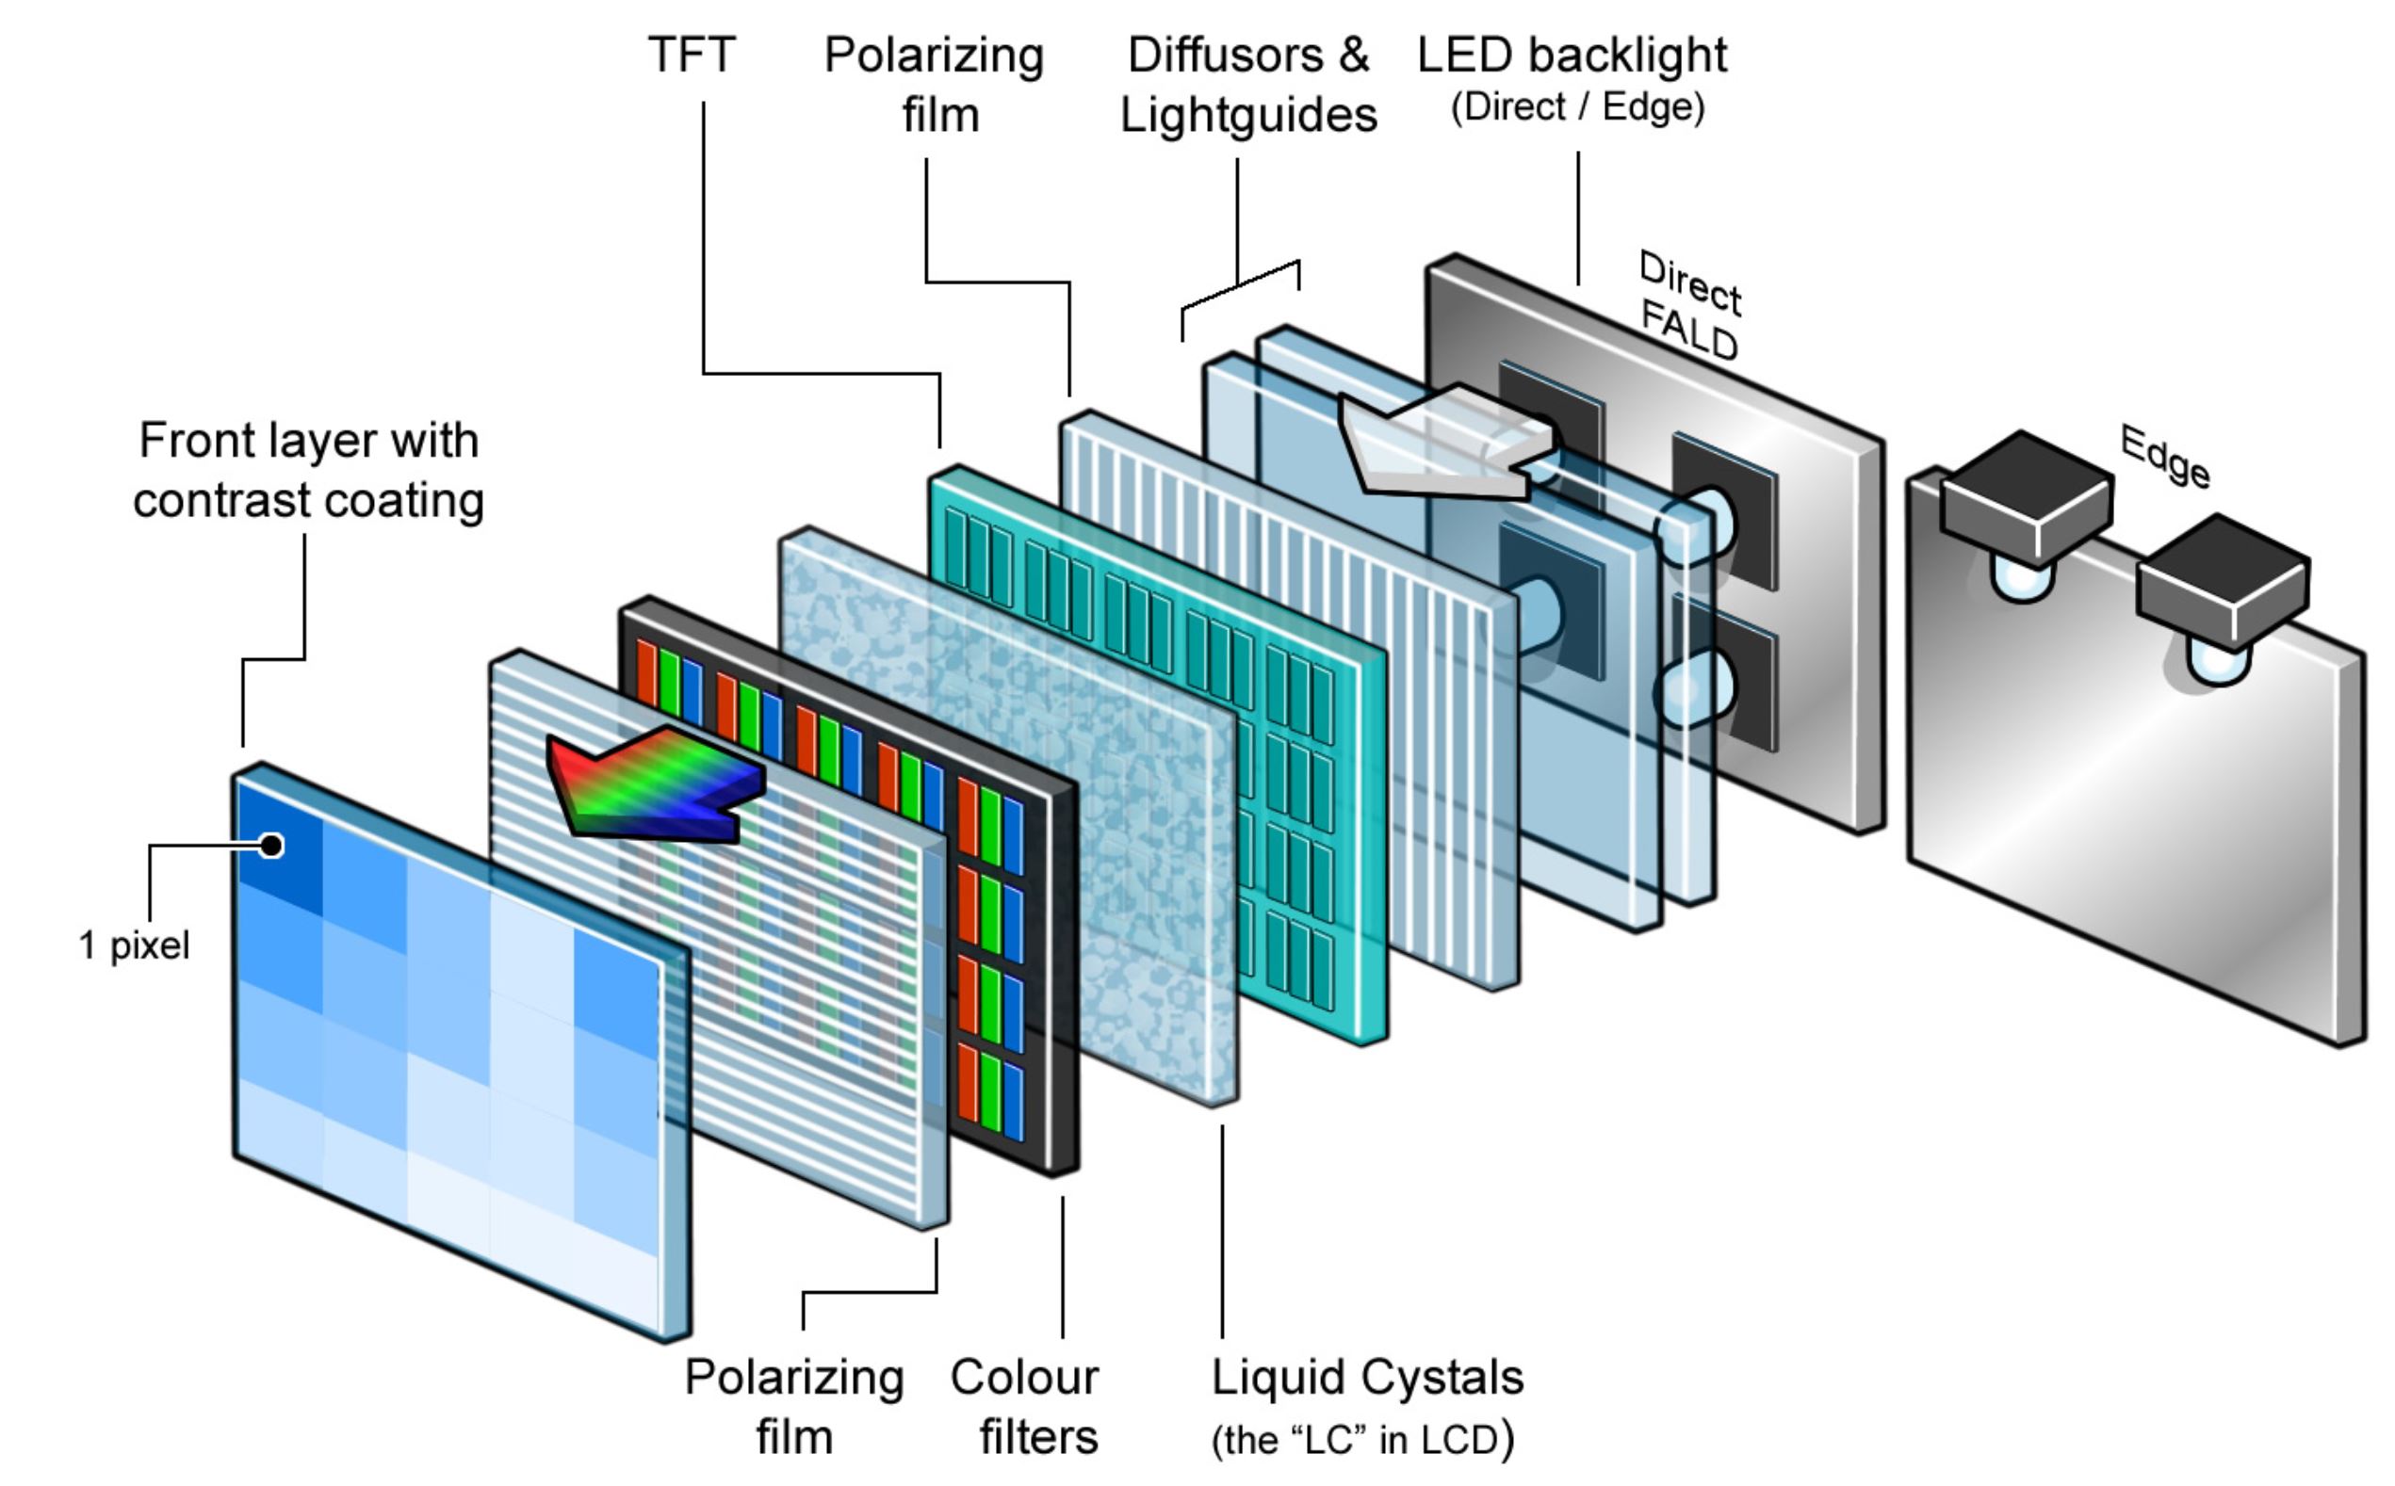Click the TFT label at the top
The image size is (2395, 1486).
click(692, 55)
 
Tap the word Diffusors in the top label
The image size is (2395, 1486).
click(1223, 55)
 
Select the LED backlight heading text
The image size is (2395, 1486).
click(1572, 55)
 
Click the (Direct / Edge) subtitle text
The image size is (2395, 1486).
click(1577, 107)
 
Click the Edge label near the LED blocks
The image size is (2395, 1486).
click(2164, 457)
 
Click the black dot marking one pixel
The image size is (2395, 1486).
click(271, 846)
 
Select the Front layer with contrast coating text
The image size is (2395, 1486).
click(309, 470)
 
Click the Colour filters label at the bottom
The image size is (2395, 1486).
click(1025, 1406)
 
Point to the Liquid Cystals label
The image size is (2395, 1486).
click(1366, 1377)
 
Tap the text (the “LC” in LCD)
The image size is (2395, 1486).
click(1362, 1440)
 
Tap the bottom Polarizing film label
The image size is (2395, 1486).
click(794, 1406)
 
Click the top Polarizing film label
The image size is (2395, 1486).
click(934, 85)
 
